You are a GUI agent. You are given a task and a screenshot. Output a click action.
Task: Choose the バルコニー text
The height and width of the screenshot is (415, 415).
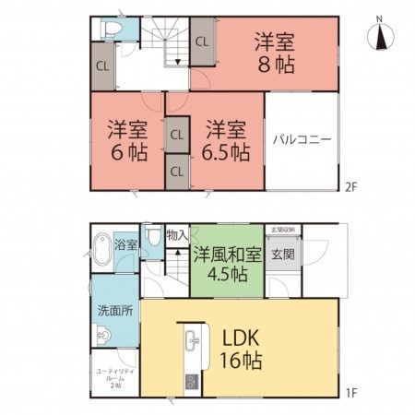pos(302,141)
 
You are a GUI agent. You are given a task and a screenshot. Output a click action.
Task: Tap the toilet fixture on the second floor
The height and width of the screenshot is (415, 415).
pos(111,29)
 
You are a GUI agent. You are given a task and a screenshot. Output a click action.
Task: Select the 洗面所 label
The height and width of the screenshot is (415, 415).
pos(115,311)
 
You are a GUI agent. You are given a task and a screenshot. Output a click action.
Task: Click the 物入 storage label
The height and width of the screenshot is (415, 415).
pos(178,235)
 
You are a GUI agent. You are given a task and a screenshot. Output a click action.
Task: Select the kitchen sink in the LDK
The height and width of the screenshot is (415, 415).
pos(192,341)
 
